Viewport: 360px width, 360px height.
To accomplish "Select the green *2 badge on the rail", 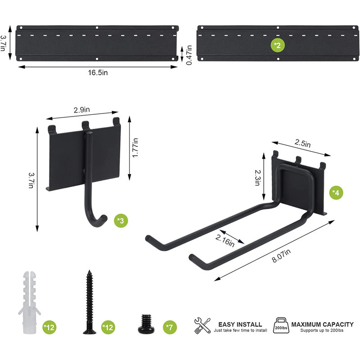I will click(x=278, y=45).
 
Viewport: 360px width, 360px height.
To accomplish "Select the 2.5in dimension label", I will click(x=302, y=144).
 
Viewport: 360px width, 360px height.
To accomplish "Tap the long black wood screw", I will click(x=88, y=302).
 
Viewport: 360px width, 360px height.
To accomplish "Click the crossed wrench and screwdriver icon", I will click(x=202, y=325).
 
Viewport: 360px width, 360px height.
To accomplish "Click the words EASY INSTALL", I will click(x=240, y=324).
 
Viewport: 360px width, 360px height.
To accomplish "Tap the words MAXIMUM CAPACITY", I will click(x=322, y=324).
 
